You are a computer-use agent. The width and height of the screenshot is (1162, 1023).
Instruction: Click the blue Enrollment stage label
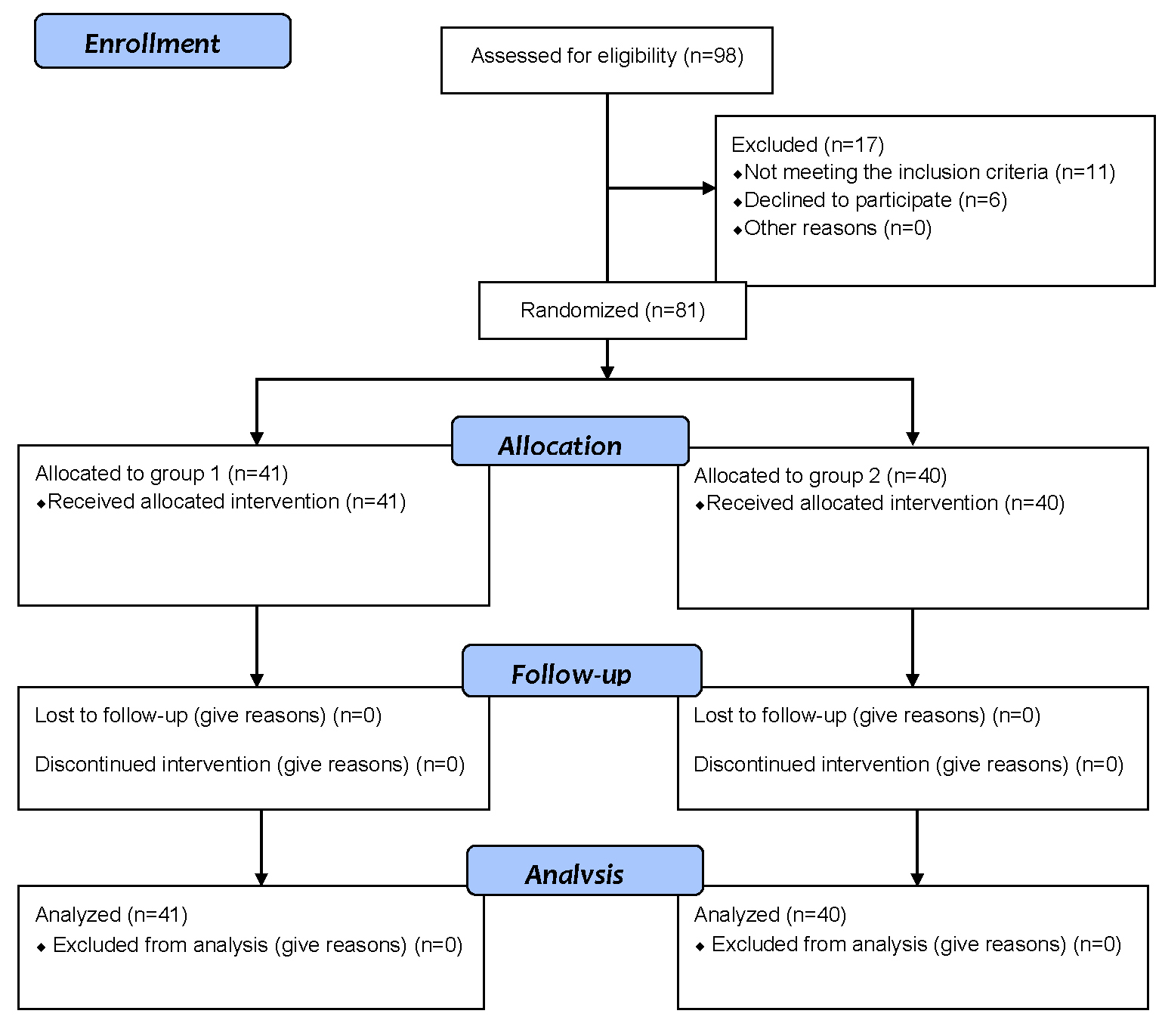tap(162, 42)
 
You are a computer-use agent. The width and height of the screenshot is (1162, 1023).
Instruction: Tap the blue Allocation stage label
tap(570, 440)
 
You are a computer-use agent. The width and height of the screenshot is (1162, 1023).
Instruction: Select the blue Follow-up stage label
tap(582, 670)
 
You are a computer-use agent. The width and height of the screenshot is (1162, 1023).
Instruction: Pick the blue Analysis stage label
tap(585, 870)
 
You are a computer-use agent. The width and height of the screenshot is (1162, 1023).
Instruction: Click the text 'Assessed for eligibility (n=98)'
tap(607, 56)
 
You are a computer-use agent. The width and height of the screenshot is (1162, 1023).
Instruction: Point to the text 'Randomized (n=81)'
tap(613, 311)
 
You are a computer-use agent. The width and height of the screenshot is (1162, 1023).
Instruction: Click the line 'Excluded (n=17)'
tap(808, 144)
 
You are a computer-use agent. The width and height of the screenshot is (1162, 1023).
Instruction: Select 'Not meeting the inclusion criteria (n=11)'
tap(924, 172)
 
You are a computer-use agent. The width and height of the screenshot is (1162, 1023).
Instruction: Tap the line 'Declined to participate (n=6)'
tap(870, 200)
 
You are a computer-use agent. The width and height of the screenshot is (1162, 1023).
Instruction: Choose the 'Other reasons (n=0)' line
tap(832, 228)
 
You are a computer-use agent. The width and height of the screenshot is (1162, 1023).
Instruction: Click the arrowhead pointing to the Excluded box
tap(709, 187)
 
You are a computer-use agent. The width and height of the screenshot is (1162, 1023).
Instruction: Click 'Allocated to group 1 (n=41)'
tap(162, 474)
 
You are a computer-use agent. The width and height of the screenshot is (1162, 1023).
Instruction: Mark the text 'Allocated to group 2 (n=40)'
tap(821, 476)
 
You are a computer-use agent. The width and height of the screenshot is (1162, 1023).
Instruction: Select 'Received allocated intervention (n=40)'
tap(880, 503)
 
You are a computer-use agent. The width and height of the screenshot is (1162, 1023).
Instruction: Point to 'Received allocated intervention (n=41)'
tap(221, 502)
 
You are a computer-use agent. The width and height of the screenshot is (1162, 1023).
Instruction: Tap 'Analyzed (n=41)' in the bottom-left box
tap(111, 914)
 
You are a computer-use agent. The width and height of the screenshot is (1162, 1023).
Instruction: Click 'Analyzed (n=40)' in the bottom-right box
tap(771, 914)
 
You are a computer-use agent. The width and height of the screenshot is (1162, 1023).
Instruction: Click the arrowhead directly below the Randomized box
tap(607, 372)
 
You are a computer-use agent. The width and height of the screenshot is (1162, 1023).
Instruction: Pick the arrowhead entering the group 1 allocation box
tap(257, 438)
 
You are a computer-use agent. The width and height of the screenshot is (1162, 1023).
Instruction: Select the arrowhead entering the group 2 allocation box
tap(913, 439)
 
